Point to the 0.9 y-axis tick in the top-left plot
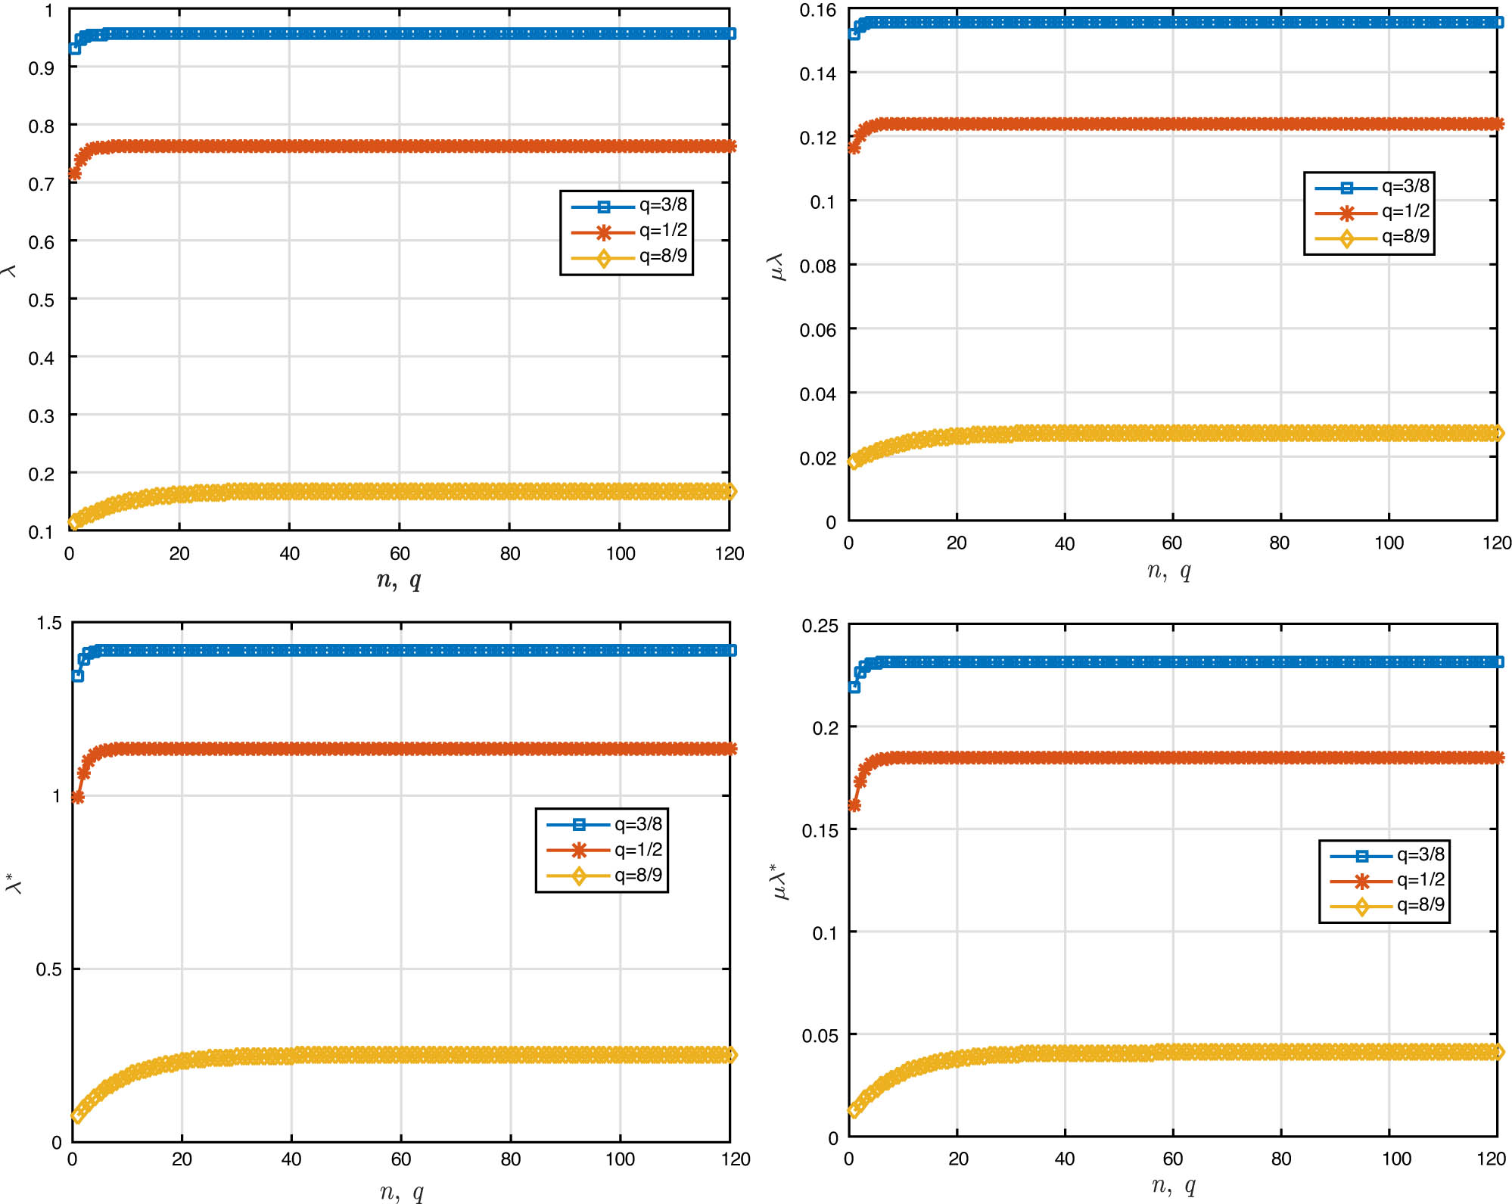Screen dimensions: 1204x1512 click(x=41, y=68)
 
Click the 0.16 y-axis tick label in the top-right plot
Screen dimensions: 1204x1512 click(x=817, y=11)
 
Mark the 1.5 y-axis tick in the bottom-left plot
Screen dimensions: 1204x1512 click(x=49, y=623)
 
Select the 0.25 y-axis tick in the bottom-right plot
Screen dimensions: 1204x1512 click(x=820, y=626)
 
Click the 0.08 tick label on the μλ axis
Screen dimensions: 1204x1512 click(x=817, y=266)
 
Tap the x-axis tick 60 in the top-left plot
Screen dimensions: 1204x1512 click(x=400, y=554)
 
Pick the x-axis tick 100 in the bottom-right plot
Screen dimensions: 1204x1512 click(x=1396, y=1159)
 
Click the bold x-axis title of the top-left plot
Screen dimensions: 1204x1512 click(x=399, y=580)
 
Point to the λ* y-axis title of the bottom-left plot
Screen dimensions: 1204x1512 click(x=14, y=883)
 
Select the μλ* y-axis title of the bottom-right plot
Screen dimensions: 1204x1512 click(x=779, y=882)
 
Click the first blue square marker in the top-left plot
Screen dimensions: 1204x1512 click(x=74, y=48)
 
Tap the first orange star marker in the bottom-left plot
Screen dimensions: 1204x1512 click(x=77, y=797)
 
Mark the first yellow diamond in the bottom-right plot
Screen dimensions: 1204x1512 click(x=854, y=1110)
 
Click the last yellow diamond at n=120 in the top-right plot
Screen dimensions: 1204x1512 click(x=1496, y=433)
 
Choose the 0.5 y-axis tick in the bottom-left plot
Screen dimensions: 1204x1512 click(x=48, y=969)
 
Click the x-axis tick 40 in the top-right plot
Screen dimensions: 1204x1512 click(x=1064, y=543)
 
